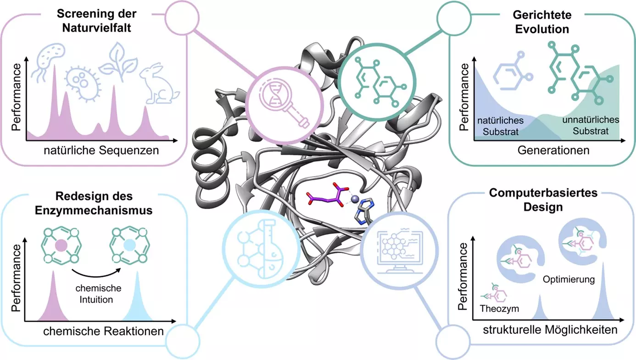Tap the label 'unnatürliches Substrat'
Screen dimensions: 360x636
(x=591, y=125)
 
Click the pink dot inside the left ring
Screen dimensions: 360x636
(x=61, y=246)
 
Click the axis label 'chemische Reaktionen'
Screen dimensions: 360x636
(x=103, y=331)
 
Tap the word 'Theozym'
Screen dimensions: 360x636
(x=499, y=309)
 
